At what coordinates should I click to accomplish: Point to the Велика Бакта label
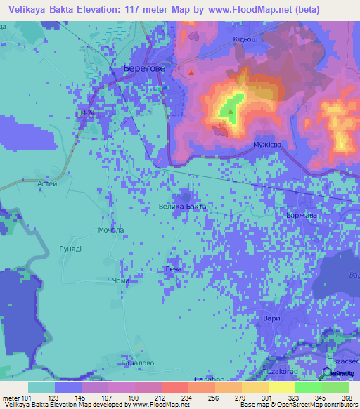click(x=181, y=207)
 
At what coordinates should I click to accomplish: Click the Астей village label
click(x=46, y=183)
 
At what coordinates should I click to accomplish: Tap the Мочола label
click(x=112, y=230)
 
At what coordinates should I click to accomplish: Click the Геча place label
click(x=173, y=270)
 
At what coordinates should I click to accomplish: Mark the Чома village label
click(x=122, y=280)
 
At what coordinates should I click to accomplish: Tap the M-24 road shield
click(x=86, y=113)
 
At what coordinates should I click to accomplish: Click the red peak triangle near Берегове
click(x=191, y=72)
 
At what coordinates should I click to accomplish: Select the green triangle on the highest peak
click(x=230, y=110)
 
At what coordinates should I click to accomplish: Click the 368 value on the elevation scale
click(x=347, y=396)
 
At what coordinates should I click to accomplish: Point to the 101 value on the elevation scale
click(x=26, y=396)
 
